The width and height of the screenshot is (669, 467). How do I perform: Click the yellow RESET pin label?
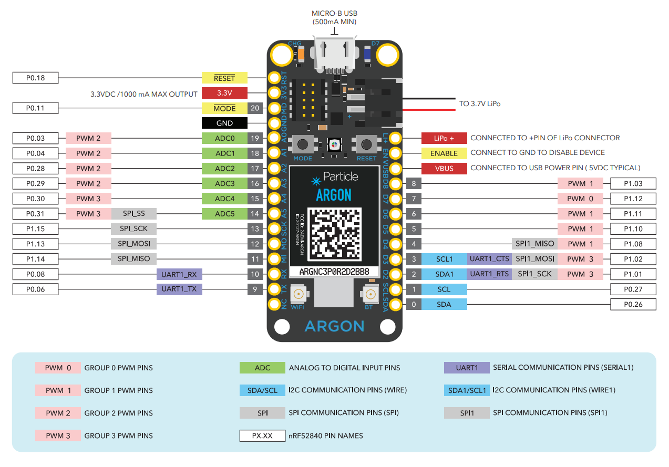click(224, 78)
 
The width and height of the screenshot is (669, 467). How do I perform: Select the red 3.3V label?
click(224, 94)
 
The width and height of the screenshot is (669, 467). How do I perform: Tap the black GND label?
click(224, 123)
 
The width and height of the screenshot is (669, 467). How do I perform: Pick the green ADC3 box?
click(224, 184)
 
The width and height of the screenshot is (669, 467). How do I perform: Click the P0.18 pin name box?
click(35, 78)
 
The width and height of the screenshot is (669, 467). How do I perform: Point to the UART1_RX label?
click(179, 274)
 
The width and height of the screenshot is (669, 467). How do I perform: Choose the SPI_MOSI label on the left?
click(133, 244)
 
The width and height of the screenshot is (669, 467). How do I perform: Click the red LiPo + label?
click(444, 138)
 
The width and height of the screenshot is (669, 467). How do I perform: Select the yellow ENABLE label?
click(444, 153)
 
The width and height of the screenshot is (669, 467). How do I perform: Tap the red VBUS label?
click(444, 169)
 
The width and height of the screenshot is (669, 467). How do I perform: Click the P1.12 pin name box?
click(633, 199)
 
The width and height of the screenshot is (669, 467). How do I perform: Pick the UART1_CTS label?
click(489, 259)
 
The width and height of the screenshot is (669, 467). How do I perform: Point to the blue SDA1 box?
click(444, 274)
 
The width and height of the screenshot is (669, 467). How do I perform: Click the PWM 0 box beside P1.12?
click(580, 199)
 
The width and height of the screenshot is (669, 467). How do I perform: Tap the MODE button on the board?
click(303, 144)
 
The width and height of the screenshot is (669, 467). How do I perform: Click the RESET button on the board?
click(366, 144)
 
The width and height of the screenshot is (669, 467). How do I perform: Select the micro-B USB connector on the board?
click(334, 53)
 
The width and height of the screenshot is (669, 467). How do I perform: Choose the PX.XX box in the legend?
click(262, 435)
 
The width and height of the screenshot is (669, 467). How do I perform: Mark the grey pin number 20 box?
click(255, 108)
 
